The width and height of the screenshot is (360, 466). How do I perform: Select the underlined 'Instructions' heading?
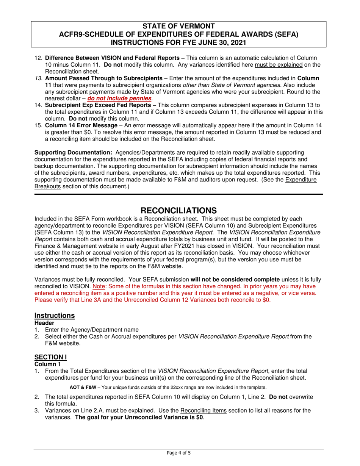pyautogui.click(x=55, y=316)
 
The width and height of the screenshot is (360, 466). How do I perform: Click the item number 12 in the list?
pyautogui.click(x=38, y=58)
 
